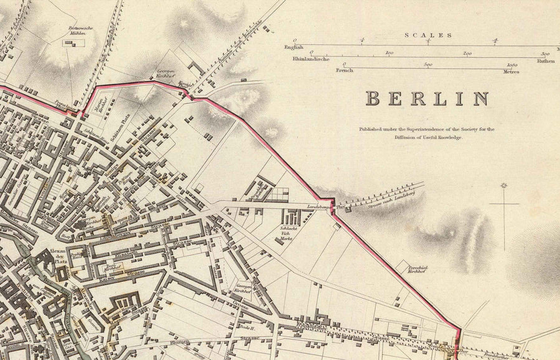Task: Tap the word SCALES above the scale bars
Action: tap(428, 35)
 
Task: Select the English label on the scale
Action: tap(293, 47)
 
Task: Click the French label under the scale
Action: tap(344, 71)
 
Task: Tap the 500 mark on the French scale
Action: tap(428, 65)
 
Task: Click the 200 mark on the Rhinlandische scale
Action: tap(468, 53)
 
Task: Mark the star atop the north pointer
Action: tap(503, 185)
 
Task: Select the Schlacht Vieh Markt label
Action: tap(287, 236)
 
